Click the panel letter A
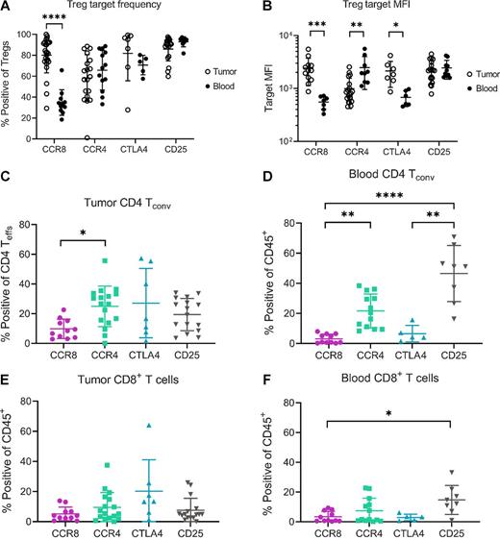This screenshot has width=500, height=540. tap(7, 7)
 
